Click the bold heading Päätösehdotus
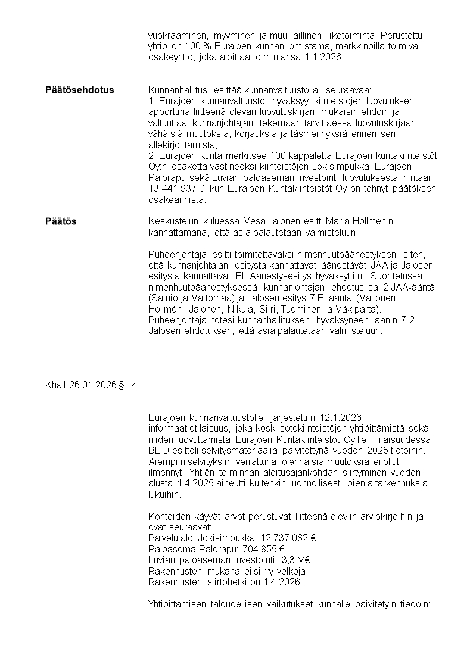[x=79, y=90]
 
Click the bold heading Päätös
[x=61, y=221]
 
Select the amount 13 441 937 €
[x=176, y=189]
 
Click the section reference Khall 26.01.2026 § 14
[x=91, y=385]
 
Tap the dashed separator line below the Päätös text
[x=155, y=353]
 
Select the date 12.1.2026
[x=341, y=417]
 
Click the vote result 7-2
[x=404, y=320]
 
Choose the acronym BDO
[x=157, y=450]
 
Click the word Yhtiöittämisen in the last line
[x=177, y=604]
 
